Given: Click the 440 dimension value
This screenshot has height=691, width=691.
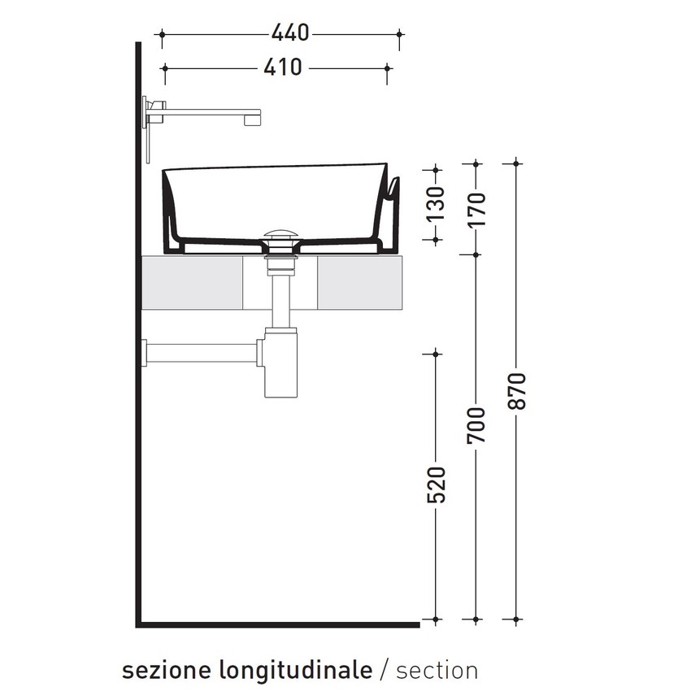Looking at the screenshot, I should coord(290,33).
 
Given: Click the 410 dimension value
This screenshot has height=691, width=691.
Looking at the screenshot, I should coord(282,67).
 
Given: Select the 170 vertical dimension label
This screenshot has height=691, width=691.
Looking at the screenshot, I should coord(476,208).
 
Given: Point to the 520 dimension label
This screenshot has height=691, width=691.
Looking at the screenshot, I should coord(437,485).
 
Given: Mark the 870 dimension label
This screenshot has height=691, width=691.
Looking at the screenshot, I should coord(517,391).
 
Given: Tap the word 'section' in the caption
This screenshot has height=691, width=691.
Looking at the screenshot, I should coord(437,671).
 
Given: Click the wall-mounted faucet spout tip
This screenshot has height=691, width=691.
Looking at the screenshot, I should coord(254,119).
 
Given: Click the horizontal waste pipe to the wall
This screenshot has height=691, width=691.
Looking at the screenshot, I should coord(203,352).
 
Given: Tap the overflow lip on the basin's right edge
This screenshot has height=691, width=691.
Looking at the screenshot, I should coord(393,189).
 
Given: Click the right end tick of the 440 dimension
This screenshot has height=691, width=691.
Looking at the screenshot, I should coord(398,33).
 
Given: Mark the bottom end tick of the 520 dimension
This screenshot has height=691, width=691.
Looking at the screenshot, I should coord(437,619).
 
